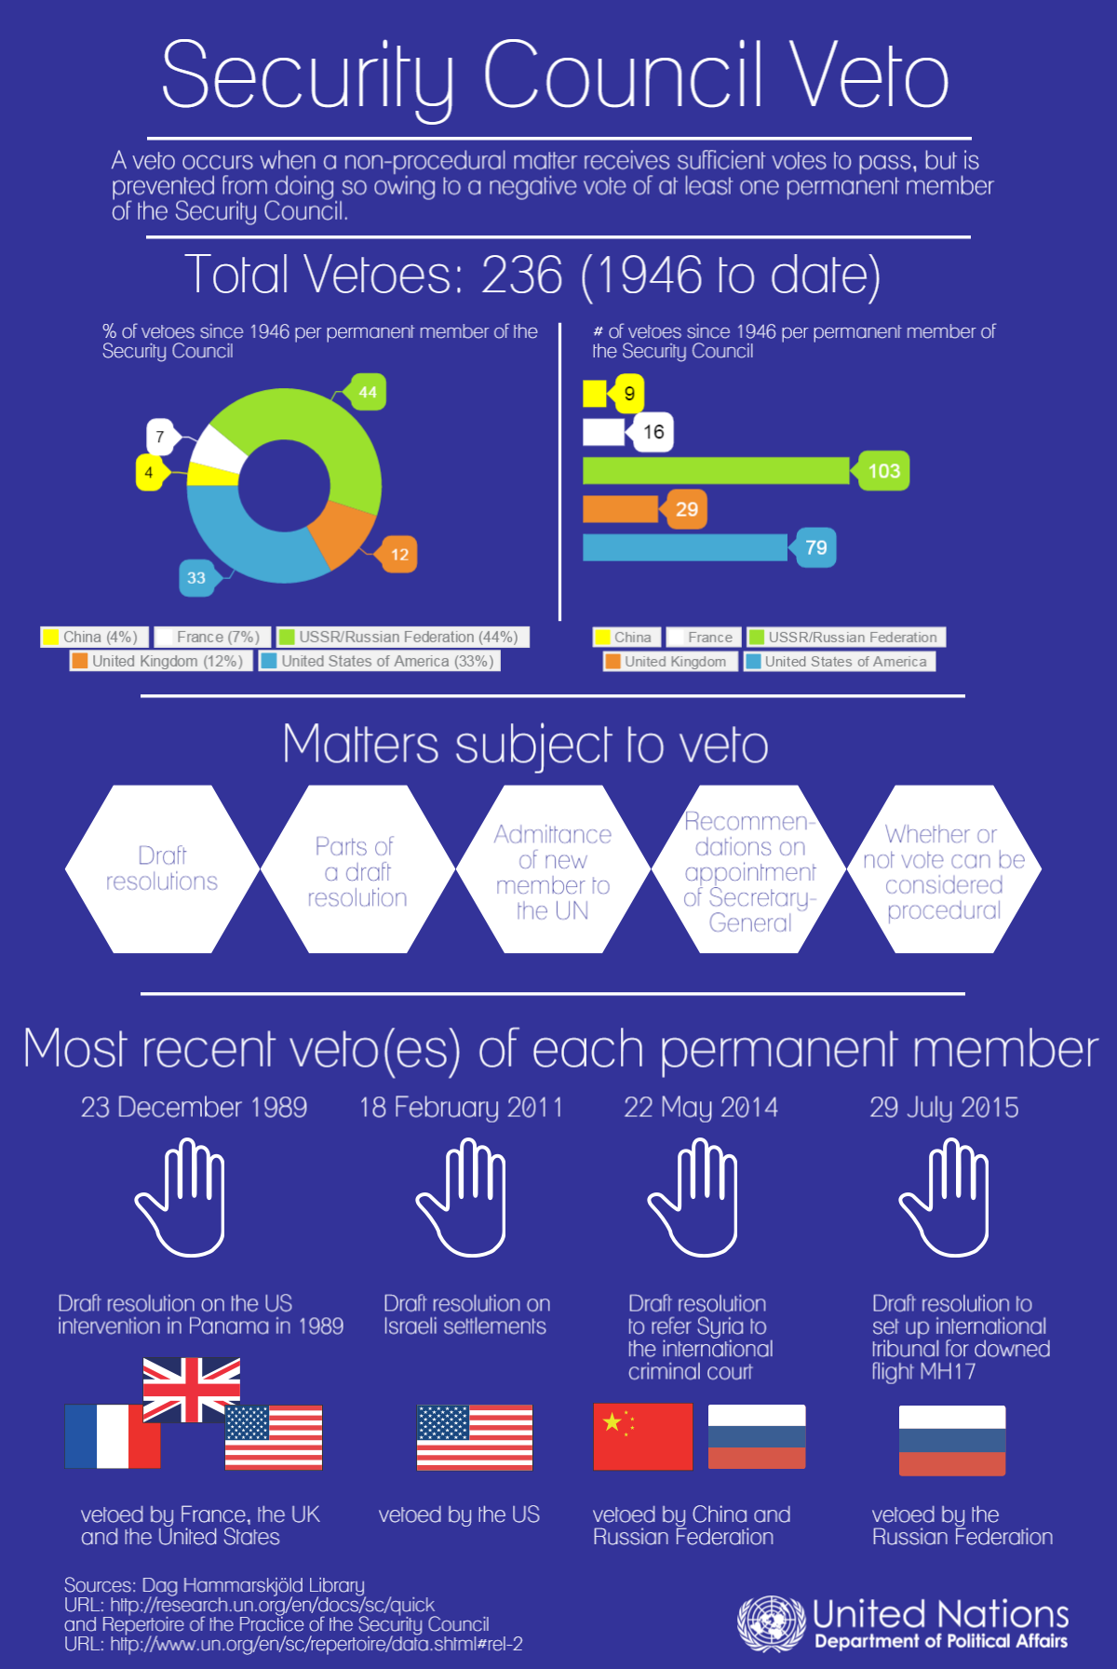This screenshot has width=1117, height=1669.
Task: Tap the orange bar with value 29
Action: pyautogui.click(x=620, y=509)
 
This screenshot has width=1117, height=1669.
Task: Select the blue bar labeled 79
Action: pyautogui.click(x=684, y=547)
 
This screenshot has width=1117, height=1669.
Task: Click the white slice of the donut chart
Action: pyautogui.click(x=218, y=449)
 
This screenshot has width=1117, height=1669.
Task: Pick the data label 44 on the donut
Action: pyautogui.click(x=368, y=392)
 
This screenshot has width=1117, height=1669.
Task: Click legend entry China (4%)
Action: pyautogui.click(x=91, y=637)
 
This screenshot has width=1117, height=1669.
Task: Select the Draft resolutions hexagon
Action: pyautogui.click(x=162, y=868)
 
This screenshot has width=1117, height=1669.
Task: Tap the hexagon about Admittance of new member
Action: pyautogui.click(x=553, y=869)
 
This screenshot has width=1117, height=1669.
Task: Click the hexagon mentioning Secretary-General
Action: pyautogui.click(x=749, y=869)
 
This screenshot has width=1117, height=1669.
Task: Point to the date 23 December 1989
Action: pyautogui.click(x=194, y=1107)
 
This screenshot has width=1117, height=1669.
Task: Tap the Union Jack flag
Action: pyautogui.click(x=192, y=1389)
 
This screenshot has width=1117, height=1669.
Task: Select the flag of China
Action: pyautogui.click(x=643, y=1436)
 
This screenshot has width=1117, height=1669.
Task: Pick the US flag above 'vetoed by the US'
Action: pyautogui.click(x=475, y=1437)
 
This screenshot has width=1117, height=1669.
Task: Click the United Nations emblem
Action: pyautogui.click(x=770, y=1623)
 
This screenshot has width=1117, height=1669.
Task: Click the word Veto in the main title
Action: pyautogui.click(x=870, y=77)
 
